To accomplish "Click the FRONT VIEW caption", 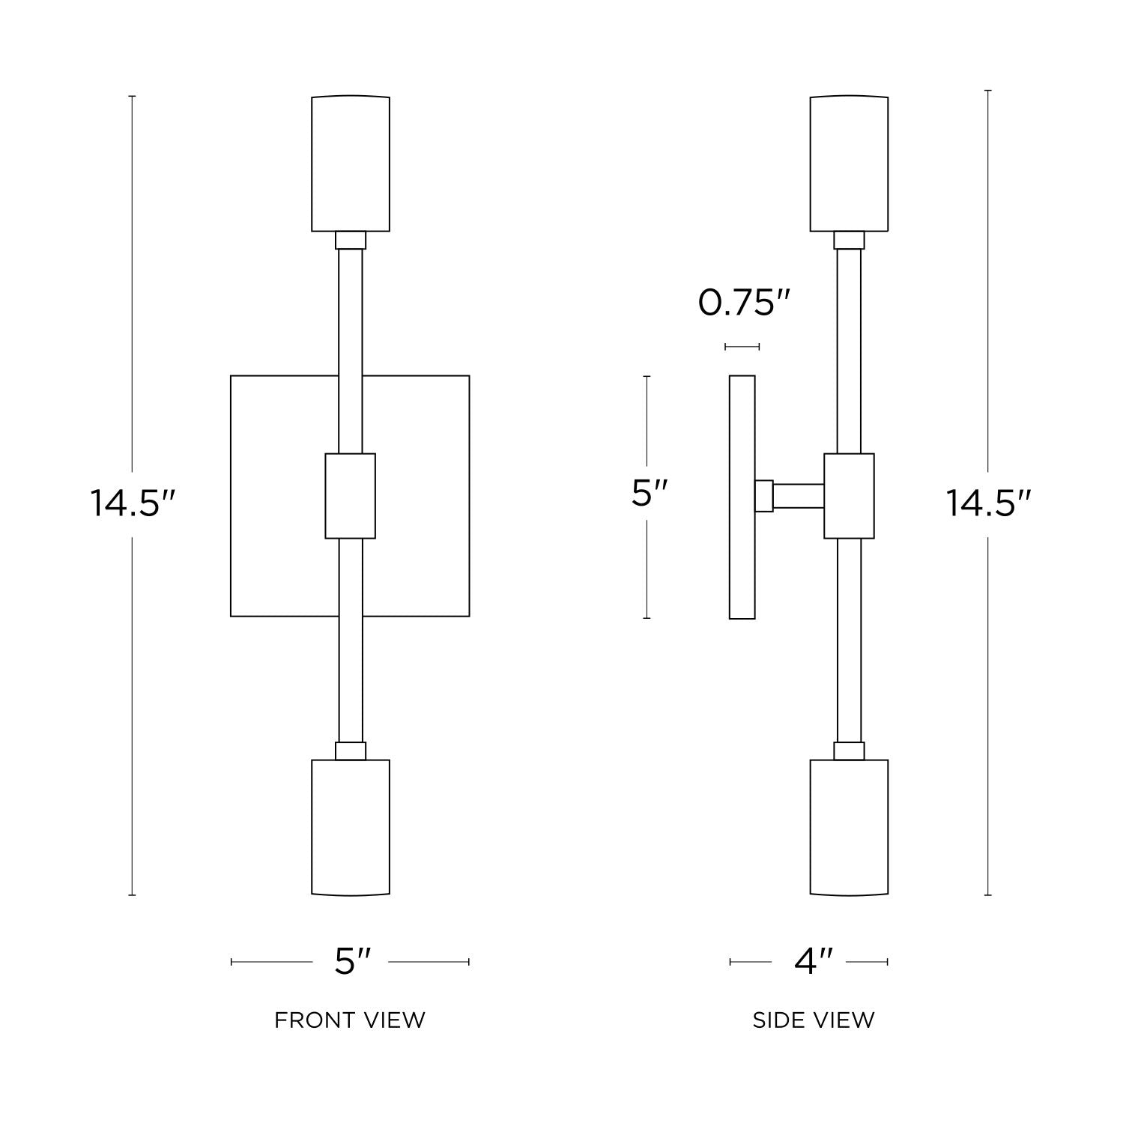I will (x=349, y=1020).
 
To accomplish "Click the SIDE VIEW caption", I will (x=814, y=1020).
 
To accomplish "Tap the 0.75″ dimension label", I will (x=744, y=303).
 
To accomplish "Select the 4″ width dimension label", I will (x=814, y=961).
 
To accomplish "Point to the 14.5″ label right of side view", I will (x=988, y=503).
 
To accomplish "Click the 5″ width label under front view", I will (x=352, y=961).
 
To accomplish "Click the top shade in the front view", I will (x=351, y=163).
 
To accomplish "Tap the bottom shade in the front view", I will (x=351, y=827).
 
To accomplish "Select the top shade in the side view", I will (x=849, y=163).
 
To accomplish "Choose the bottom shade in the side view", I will (x=849, y=827).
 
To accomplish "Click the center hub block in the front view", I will (x=350, y=495).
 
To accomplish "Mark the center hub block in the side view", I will (x=849, y=495).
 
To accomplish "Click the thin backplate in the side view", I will (x=742, y=554).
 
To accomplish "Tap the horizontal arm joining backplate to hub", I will (x=799, y=495).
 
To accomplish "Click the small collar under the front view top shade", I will (x=351, y=240).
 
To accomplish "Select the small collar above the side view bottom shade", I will (x=849, y=751).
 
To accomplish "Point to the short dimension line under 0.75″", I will (x=742, y=347).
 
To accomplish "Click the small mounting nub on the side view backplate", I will (x=763, y=495).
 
